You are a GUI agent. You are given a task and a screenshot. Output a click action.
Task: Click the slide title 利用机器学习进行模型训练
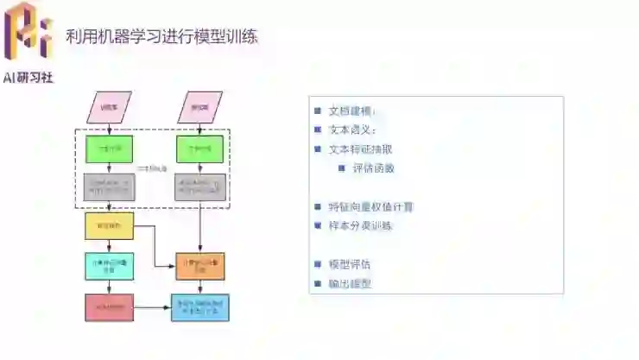(x=161, y=36)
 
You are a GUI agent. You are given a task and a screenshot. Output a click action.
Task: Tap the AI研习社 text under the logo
(x=28, y=77)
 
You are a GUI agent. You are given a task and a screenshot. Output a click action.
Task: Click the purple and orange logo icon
(x=28, y=32)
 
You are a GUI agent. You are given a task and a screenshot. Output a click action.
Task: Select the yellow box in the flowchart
(x=109, y=226)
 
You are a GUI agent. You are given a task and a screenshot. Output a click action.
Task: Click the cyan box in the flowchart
(x=109, y=266)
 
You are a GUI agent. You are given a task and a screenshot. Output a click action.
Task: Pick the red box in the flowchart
(x=109, y=306)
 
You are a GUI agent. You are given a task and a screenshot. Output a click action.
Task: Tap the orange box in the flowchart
(x=200, y=266)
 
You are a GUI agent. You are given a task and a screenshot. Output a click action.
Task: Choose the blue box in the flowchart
(x=200, y=306)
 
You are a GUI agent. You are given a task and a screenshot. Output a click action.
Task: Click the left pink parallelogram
(x=109, y=107)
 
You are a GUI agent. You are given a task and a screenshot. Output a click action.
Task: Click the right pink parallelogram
(x=200, y=107)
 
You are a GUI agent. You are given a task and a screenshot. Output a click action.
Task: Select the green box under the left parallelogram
(x=109, y=148)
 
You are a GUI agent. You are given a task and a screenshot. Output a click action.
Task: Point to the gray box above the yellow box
(x=109, y=187)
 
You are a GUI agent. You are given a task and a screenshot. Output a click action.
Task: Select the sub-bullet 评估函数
(x=373, y=167)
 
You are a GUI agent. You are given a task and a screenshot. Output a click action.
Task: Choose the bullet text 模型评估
(x=349, y=263)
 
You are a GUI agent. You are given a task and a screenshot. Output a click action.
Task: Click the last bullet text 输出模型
(x=349, y=283)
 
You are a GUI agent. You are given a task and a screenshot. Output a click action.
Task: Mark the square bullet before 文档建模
(x=318, y=111)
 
